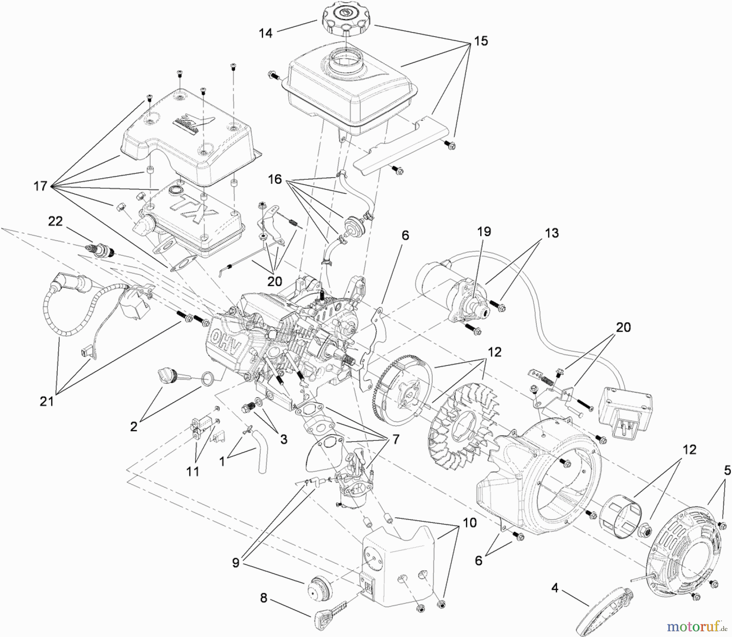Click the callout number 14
[266, 33]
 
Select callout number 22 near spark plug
[55, 221]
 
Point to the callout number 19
[484, 232]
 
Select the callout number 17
[40, 187]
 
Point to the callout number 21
[47, 401]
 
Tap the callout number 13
[552, 233]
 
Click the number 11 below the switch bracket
[192, 471]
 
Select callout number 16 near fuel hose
[275, 179]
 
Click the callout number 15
[481, 41]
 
